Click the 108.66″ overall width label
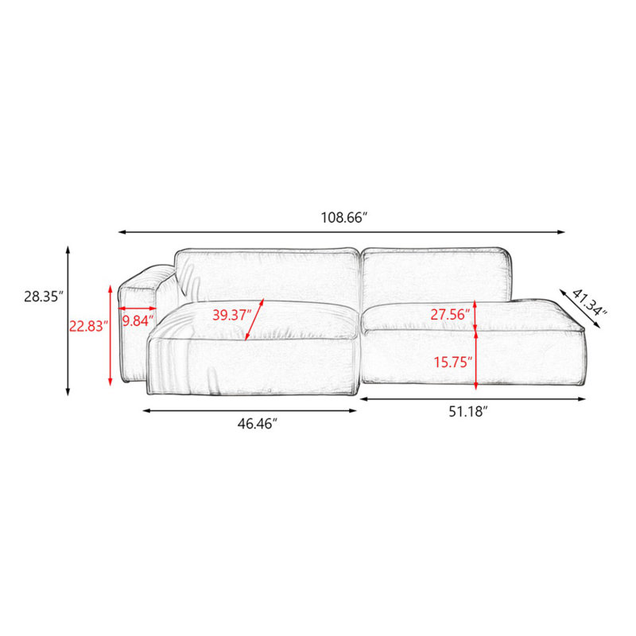(344, 218)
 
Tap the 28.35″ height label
(44, 297)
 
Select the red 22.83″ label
(88, 326)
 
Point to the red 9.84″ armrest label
(138, 321)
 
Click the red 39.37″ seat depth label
(232, 315)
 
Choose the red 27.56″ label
(450, 314)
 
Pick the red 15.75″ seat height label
(453, 362)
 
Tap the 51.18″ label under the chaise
(467, 412)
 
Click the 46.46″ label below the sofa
(257, 424)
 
